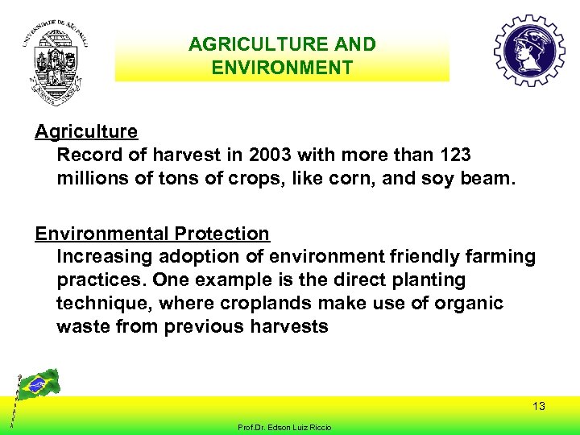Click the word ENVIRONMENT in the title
282,67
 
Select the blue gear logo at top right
528,51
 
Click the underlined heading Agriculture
86,131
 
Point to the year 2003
271,154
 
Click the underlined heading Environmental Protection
152,234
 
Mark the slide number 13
538,406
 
